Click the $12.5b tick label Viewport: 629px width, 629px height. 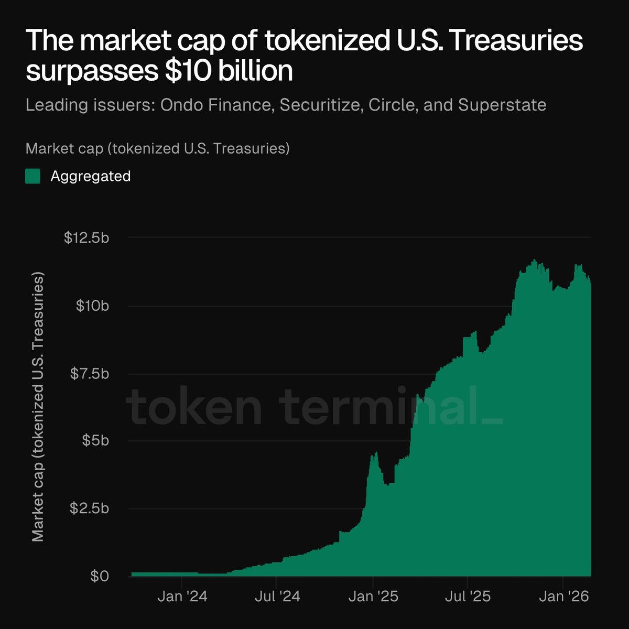pyautogui.click(x=86, y=238)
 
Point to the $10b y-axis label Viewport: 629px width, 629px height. pyautogui.click(x=92, y=306)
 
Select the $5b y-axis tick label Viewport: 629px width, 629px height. pyautogui.click(x=95, y=440)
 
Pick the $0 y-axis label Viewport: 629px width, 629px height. pyautogui.click(x=99, y=576)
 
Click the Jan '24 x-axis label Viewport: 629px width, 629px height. pyautogui.click(x=182, y=596)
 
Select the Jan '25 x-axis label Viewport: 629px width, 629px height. pyautogui.click(x=373, y=596)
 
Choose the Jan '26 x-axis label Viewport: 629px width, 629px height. pyautogui.click(x=563, y=596)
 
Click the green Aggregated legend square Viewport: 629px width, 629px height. pyautogui.click(x=33, y=176)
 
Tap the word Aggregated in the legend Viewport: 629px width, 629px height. pyautogui.click(x=90, y=176)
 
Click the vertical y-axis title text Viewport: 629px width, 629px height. pyautogui.click(x=38, y=406)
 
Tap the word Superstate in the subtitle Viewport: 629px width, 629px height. pyautogui.click(x=502, y=105)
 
